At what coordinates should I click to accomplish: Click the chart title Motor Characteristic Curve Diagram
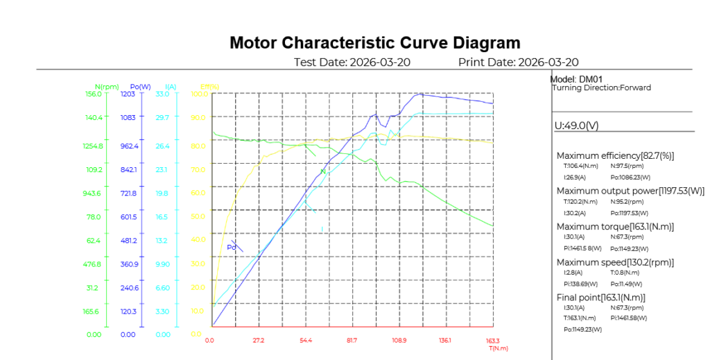click(x=374, y=43)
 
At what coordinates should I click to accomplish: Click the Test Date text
click(x=352, y=62)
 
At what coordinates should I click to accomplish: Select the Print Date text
click(x=518, y=62)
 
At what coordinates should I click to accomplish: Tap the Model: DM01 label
click(x=573, y=79)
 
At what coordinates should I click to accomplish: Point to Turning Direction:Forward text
click(x=601, y=88)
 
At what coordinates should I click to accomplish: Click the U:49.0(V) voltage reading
click(x=576, y=126)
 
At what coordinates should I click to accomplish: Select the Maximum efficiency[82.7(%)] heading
click(x=615, y=156)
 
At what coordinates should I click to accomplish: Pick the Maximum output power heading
click(x=630, y=191)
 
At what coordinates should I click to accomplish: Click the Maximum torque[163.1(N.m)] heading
click(x=615, y=227)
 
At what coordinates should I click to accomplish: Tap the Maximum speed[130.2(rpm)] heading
click(x=615, y=262)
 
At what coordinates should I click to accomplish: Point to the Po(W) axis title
click(x=140, y=87)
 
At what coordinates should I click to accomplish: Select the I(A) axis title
click(x=171, y=87)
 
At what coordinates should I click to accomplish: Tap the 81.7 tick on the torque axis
click(x=352, y=341)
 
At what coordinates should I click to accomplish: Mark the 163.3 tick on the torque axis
click(x=492, y=341)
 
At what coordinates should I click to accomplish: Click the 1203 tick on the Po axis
click(x=128, y=94)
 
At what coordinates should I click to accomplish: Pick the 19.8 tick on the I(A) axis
click(x=162, y=194)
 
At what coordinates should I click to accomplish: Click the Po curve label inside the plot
click(x=232, y=248)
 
